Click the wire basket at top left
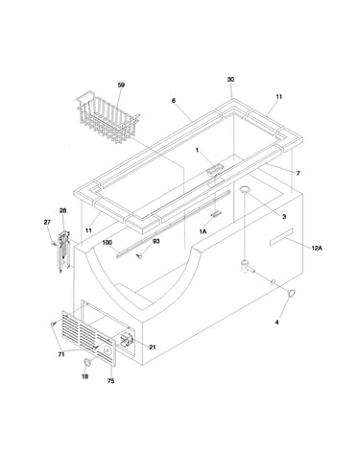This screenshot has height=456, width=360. pyautogui.click(x=108, y=118)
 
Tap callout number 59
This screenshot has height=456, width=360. pyautogui.click(x=121, y=84)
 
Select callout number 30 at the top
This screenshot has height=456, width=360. pyautogui.click(x=230, y=79)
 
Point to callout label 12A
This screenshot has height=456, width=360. pyautogui.click(x=317, y=248)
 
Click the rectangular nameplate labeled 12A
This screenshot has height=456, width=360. pyautogui.click(x=281, y=237)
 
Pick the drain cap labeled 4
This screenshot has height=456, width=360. pyautogui.click(x=291, y=293)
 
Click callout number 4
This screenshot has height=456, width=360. pyautogui.click(x=276, y=323)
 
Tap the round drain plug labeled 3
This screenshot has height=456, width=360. pyautogui.click(x=246, y=190)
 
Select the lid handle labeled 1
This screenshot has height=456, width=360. pyautogui.click(x=214, y=169)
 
